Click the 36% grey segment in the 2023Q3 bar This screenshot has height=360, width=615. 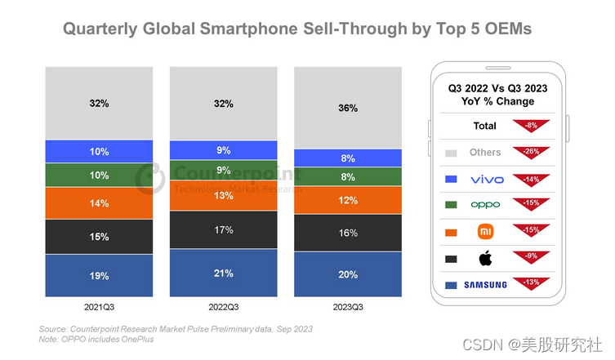click(347, 108)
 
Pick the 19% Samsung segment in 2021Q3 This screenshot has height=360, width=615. click(99, 275)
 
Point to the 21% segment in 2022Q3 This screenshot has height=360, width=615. click(223, 273)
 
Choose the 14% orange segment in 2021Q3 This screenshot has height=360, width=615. click(99, 203)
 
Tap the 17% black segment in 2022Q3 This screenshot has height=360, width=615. click(223, 230)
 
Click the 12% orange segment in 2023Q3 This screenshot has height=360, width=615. click(347, 201)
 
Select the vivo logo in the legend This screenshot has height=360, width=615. click(487, 179)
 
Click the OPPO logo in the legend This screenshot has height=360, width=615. click(487, 205)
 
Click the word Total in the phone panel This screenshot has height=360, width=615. click(484, 127)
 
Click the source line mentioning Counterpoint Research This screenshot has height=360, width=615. click(175, 328)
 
